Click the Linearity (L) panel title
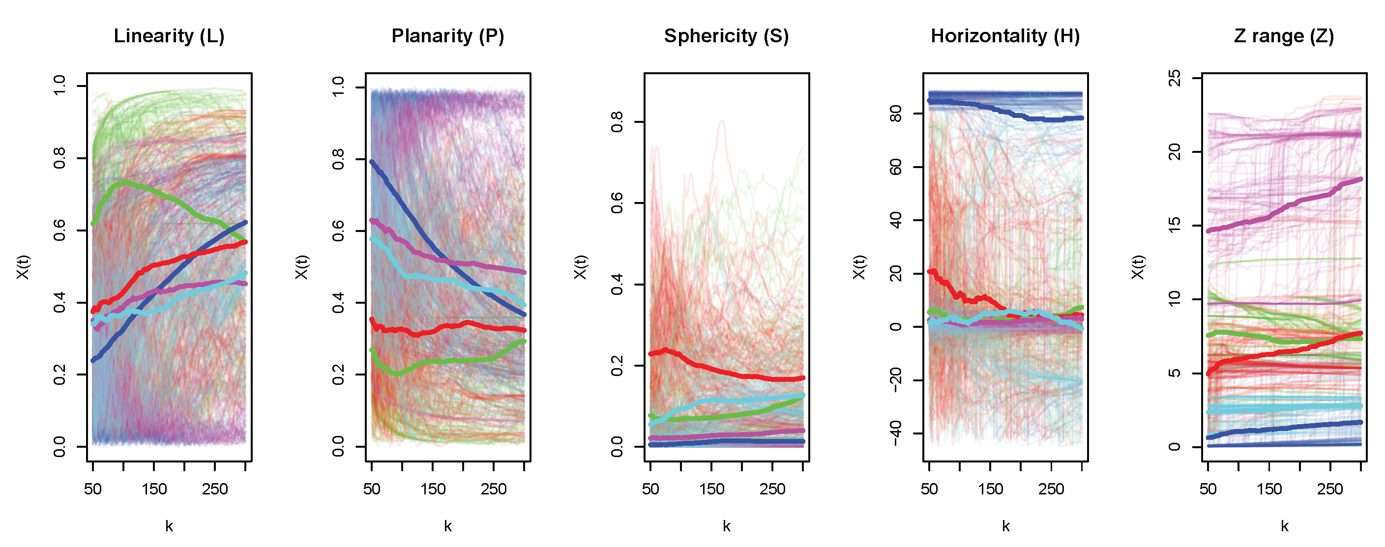169,36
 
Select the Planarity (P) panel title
447,36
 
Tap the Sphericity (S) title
726,36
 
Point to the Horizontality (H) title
1005,36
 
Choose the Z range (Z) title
1284,36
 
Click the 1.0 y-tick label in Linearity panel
59,86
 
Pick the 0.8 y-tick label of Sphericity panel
617,122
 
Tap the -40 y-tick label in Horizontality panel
896,433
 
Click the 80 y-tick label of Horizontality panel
896,114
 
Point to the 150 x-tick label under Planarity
433,489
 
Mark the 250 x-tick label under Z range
1330,489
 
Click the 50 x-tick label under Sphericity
650,489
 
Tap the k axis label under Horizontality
1005,526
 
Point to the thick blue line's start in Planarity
372,161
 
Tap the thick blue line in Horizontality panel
1005,112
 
